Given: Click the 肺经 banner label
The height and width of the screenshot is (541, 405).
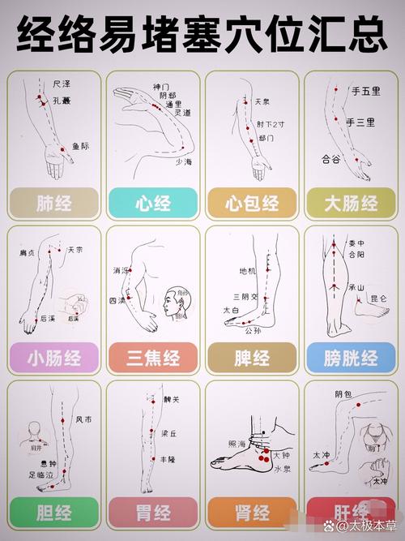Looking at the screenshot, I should [54, 203].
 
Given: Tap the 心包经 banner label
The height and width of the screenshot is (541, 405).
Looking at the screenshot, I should [251, 203].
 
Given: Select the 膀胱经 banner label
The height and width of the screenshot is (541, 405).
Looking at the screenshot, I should [352, 358].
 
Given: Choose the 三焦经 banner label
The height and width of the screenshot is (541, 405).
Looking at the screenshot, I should [152, 358].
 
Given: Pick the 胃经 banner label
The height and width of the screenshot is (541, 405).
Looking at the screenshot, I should [152, 513].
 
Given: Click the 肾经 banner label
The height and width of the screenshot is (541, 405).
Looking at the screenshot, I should [251, 513].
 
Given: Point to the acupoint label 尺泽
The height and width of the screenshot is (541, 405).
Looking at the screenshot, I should [62, 84].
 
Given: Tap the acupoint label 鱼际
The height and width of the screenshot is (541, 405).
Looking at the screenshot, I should [80, 147].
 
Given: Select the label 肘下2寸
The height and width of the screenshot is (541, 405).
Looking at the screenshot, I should [270, 124].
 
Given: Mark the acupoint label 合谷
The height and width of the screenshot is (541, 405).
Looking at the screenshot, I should [331, 159].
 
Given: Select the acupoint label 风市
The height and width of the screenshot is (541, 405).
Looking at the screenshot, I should [84, 420].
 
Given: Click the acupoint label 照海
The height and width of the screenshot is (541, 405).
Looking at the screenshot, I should [237, 444].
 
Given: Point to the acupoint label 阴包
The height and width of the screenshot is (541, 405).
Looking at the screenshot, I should [343, 394].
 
